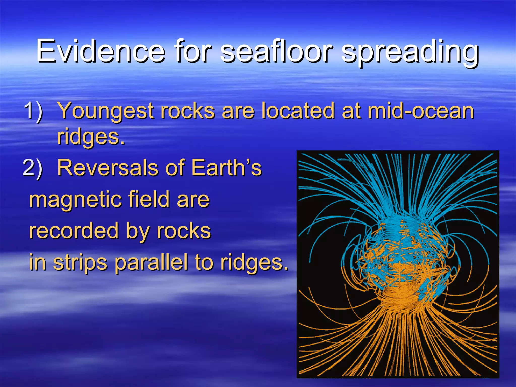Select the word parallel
click(x=151, y=263)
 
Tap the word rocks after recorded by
click(x=184, y=231)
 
